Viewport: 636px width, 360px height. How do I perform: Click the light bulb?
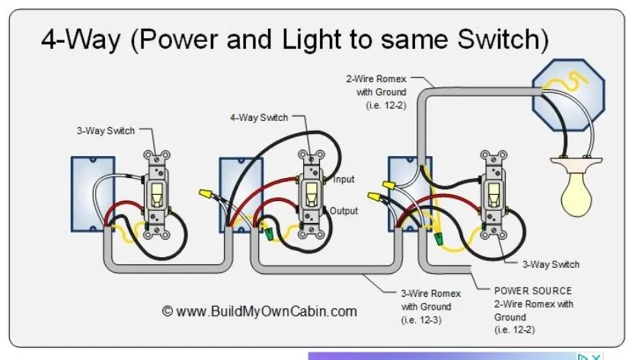(581, 190)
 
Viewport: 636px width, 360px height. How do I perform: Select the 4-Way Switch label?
(259, 118)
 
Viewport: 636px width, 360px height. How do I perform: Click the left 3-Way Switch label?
(105, 131)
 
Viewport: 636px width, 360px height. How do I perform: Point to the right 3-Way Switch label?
(551, 264)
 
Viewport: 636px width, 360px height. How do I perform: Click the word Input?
(345, 180)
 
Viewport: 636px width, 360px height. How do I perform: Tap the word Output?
(344, 211)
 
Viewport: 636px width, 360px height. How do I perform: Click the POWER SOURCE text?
(532, 291)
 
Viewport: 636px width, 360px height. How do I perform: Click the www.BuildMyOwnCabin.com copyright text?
(260, 311)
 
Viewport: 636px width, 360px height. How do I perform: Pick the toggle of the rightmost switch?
(493, 192)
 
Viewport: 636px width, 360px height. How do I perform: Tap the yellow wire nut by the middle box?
(205, 195)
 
